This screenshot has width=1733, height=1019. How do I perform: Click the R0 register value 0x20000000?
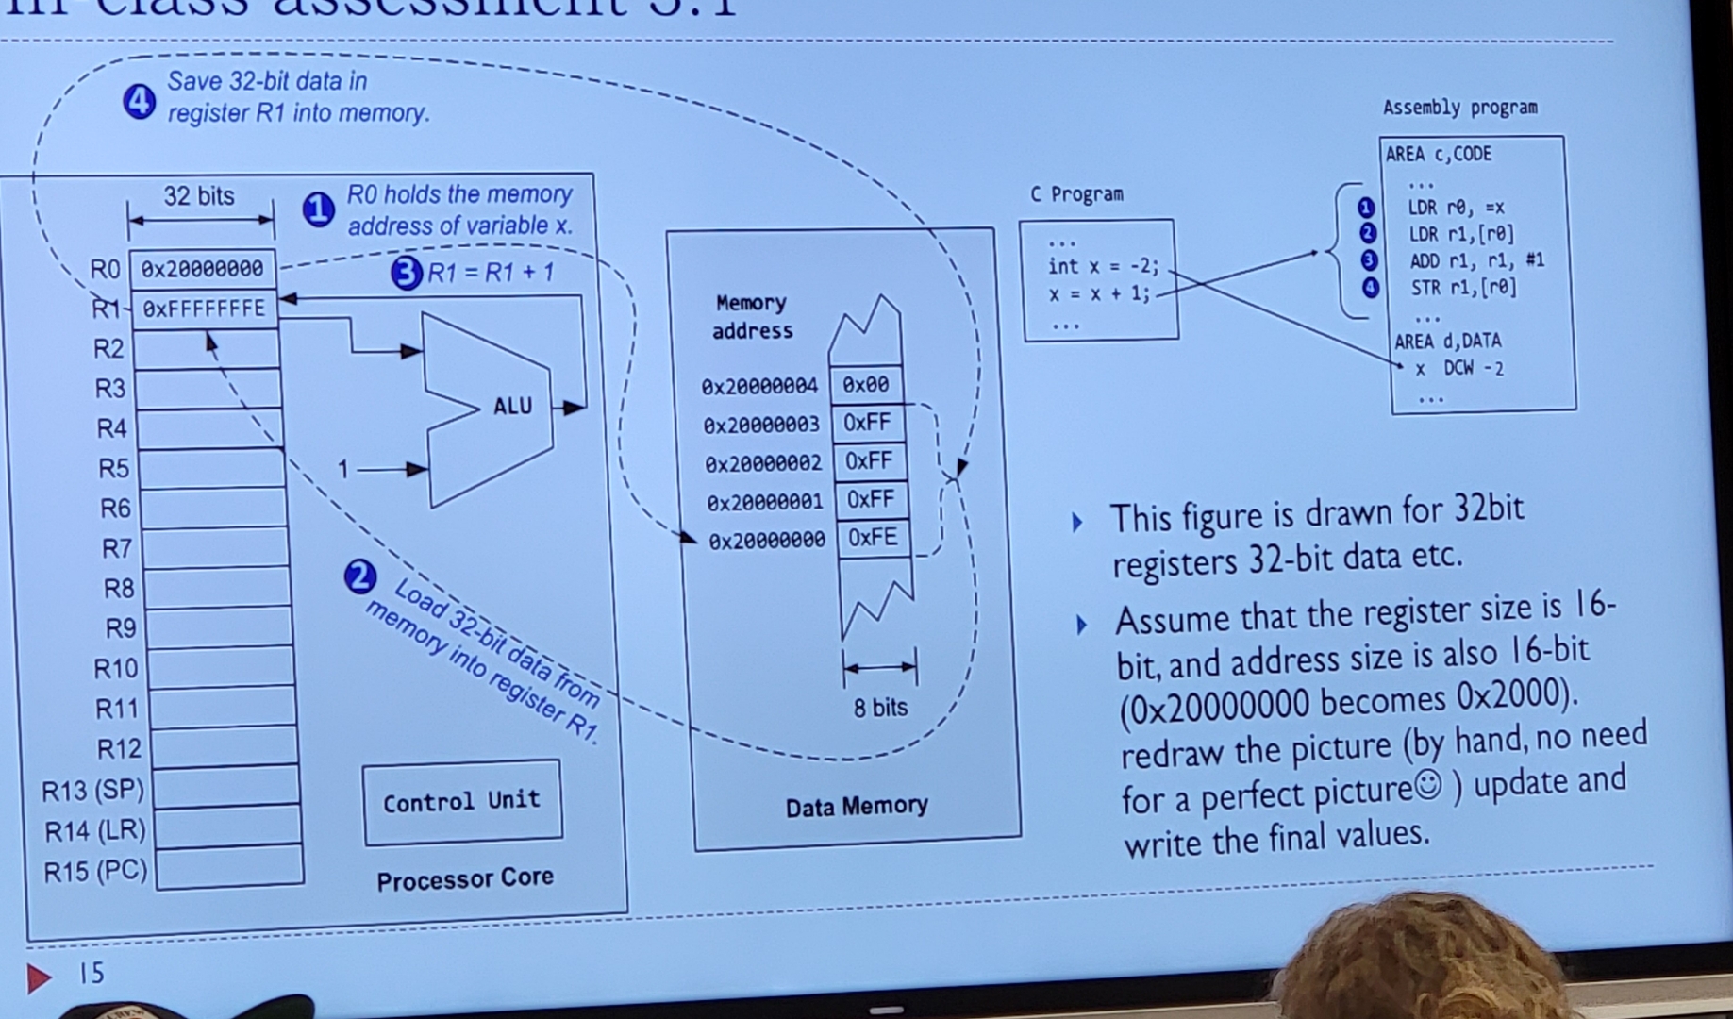pyautogui.click(x=202, y=270)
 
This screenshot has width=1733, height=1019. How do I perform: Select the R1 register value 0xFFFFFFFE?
pyautogui.click(x=204, y=309)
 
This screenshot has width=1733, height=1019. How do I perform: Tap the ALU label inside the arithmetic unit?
pyautogui.click(x=512, y=407)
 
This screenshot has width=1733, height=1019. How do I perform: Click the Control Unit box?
pyautogui.click(x=461, y=802)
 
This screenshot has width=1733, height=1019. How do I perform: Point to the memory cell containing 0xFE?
pyautogui.click(x=873, y=538)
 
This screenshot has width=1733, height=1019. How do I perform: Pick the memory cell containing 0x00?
pyautogui.click(x=865, y=385)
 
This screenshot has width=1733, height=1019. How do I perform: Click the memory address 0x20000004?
pyautogui.click(x=759, y=387)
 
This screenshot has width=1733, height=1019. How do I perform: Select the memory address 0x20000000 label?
pyautogui.click(x=766, y=541)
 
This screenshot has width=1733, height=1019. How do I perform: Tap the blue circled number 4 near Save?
pyautogui.click(x=140, y=101)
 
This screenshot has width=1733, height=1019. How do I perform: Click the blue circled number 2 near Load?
pyautogui.click(x=360, y=576)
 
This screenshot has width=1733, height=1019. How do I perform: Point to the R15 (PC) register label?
pyautogui.click(x=95, y=871)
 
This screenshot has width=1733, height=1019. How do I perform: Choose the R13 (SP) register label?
pyautogui.click(x=92, y=790)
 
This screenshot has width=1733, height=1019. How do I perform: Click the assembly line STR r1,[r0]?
pyautogui.click(x=1463, y=288)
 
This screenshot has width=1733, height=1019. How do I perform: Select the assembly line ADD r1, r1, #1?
pyautogui.click(x=1476, y=261)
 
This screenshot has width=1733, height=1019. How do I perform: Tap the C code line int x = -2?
pyautogui.click(x=1103, y=267)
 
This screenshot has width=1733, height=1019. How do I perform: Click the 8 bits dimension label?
pyautogui.click(x=879, y=708)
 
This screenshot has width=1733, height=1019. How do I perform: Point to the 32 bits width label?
pyautogui.click(x=199, y=196)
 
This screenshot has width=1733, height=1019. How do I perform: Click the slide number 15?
pyautogui.click(x=92, y=973)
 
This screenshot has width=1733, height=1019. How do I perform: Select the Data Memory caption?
pyautogui.click(x=857, y=806)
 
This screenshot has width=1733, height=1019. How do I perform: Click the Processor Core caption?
pyautogui.click(x=464, y=879)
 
